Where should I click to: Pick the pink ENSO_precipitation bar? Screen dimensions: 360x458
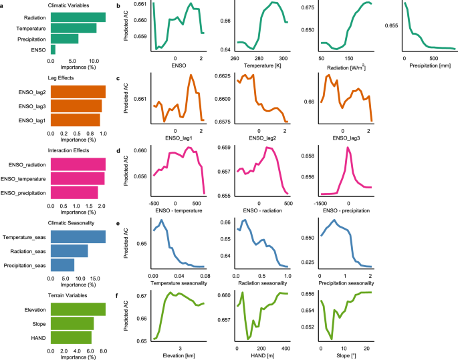click(x=74, y=192)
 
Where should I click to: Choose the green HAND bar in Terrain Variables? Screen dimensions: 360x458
click(x=71, y=338)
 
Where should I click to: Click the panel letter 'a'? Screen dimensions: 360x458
click(x=3, y=5)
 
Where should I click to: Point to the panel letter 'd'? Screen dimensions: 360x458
click(x=118, y=151)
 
